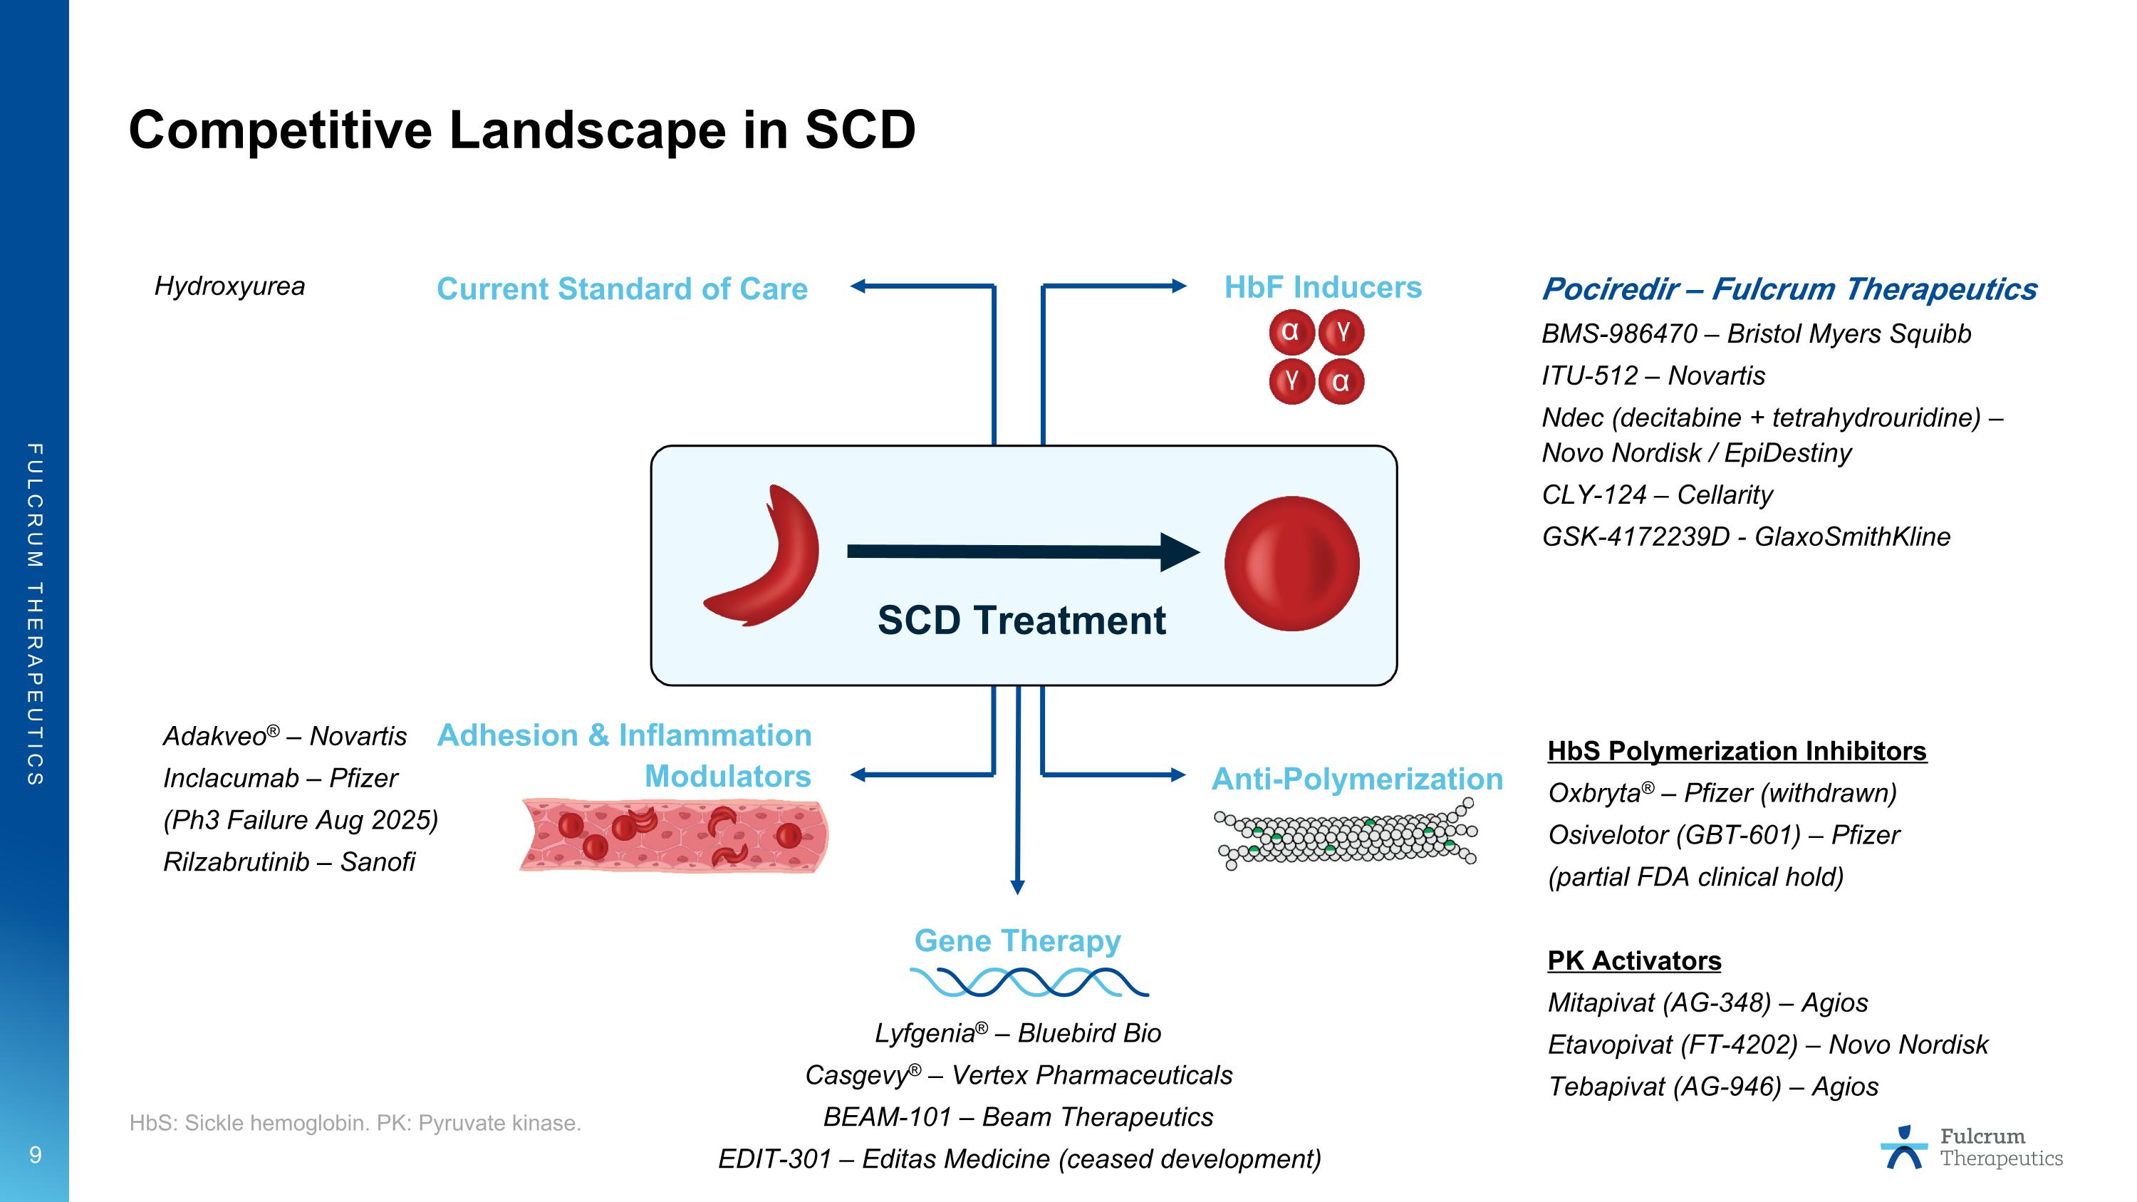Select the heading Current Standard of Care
point(621,289)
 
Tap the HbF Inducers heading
point(1322,287)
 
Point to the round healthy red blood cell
point(1291,564)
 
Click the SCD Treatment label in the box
point(1021,621)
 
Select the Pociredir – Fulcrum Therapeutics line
point(1789,289)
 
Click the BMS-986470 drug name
point(1618,333)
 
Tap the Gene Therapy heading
point(1017,941)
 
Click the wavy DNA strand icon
point(1029,982)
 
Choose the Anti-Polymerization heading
point(1356,779)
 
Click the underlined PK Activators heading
point(1633,960)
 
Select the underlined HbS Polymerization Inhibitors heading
point(1737,751)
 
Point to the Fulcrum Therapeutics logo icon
point(1904,1147)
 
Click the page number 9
point(35,1155)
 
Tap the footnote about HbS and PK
point(355,1123)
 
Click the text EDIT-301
point(773,1159)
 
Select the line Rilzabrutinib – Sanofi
point(288,862)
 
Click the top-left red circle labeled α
point(1290,332)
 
